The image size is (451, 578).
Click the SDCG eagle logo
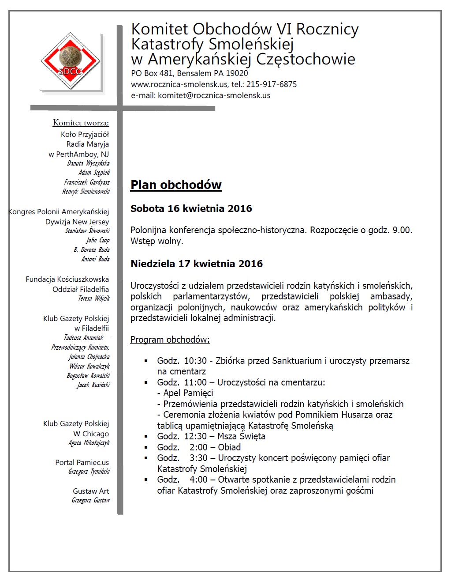pyautogui.click(x=71, y=62)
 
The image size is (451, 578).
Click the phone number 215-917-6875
pyautogui.click(x=271, y=84)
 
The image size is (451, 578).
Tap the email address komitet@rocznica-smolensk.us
pyautogui.click(x=214, y=95)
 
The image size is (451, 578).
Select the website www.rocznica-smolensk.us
pyautogui.click(x=179, y=84)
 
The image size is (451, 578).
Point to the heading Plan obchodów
pyautogui.click(x=176, y=185)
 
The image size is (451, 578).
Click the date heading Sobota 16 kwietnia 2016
pyautogui.click(x=191, y=208)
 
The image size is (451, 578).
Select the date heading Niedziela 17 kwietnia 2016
pyautogui.click(x=196, y=264)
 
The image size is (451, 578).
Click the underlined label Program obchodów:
pyautogui.click(x=170, y=340)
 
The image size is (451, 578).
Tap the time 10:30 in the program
pyautogui.click(x=195, y=361)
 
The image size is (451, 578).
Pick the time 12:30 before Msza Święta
pyautogui.click(x=195, y=436)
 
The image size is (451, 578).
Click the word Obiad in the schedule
pyautogui.click(x=229, y=447)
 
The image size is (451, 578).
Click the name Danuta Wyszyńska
pyautogui.click(x=88, y=163)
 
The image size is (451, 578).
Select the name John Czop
pyautogui.click(x=97, y=240)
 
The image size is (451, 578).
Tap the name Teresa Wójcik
pyautogui.click(x=94, y=298)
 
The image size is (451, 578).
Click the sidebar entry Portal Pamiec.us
pyautogui.click(x=82, y=462)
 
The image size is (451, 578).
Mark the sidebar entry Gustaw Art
pyautogui.click(x=91, y=491)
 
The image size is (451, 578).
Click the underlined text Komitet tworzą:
pyautogui.click(x=81, y=123)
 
